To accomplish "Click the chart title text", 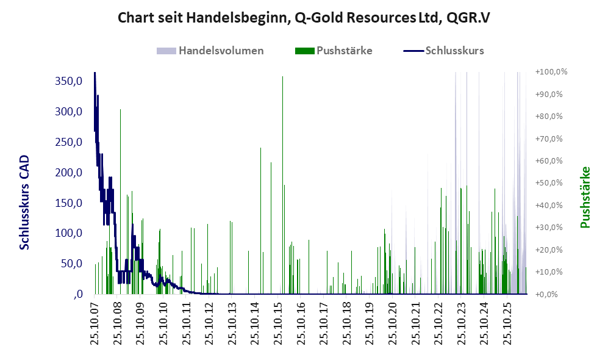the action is coord(304,18).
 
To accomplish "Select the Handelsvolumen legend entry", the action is coord(210,51).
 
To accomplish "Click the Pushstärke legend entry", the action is coord(334,51).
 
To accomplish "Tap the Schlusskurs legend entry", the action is coord(443,51).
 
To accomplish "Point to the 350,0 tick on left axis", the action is coord(69,81).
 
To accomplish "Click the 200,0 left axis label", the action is coord(69,172).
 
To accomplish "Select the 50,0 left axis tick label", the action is coord(71,264).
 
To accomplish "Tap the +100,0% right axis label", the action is coord(551,72).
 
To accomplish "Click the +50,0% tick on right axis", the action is coord(549,182).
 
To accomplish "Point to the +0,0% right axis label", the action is coord(546,294).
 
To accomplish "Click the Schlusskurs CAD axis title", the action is coord(24,202).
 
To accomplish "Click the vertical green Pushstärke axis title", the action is coord(585,197).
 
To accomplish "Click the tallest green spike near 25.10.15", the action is coord(283,185).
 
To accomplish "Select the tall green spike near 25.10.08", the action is coord(121,201).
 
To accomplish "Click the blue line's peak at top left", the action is coord(95,73).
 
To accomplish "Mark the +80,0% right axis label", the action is coord(549,116).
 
